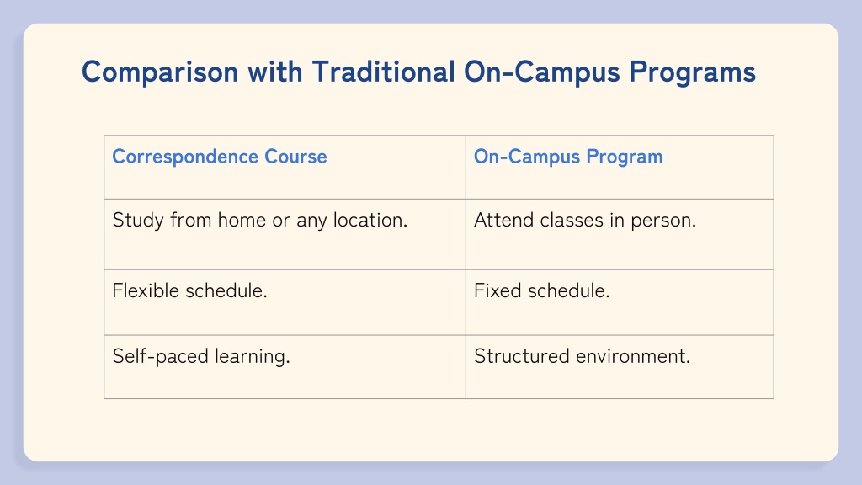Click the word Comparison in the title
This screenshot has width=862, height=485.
[160, 72]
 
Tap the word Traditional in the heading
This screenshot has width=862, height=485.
[384, 72]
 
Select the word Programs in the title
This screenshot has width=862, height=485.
[692, 72]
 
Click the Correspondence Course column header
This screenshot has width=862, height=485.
[220, 157]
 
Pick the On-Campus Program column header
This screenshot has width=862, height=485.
[568, 157]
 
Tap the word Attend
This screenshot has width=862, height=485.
[503, 220]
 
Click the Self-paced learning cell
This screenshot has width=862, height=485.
[200, 356]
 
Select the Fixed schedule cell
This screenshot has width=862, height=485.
[541, 290]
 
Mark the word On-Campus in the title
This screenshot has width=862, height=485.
[542, 72]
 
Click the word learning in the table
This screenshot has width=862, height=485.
[252, 356]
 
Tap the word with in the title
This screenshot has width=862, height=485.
[275, 72]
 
